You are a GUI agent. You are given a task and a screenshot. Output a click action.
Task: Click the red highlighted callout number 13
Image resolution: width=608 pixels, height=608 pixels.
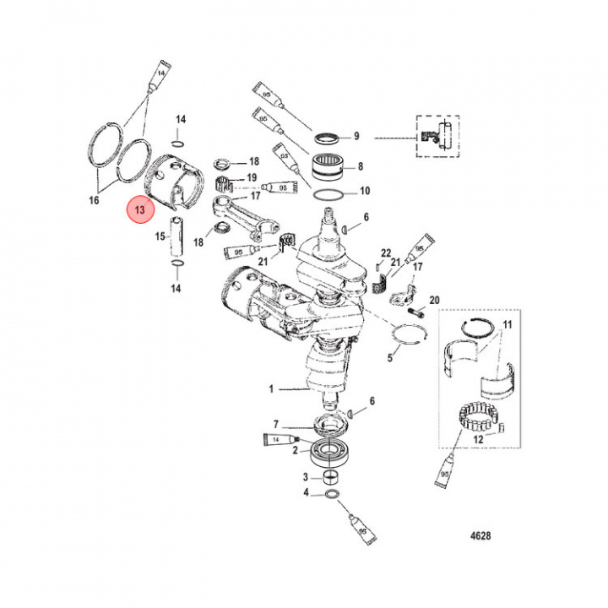coord(137,209)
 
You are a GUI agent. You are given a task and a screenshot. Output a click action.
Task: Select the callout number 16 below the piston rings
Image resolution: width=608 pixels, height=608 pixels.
coord(93,200)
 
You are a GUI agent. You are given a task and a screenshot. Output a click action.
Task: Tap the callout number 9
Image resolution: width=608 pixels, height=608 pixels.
coord(356,136)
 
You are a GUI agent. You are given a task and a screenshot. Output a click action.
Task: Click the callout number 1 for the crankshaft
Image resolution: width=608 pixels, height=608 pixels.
coord(272,389)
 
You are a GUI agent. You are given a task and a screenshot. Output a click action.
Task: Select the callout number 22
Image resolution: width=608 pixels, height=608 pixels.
coord(386,253)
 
